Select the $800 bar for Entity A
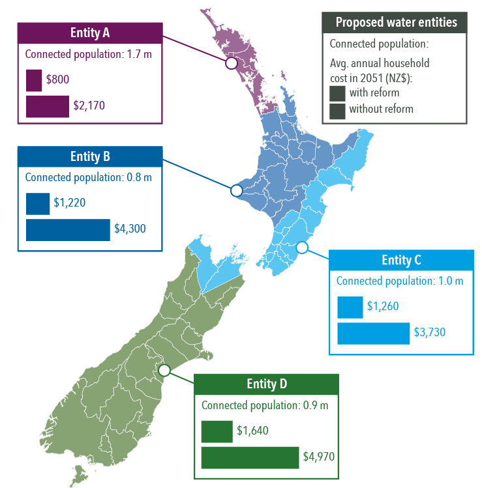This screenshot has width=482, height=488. (x=34, y=80)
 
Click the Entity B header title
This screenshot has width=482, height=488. (x=90, y=157)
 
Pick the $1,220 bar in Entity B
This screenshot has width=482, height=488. (x=38, y=203)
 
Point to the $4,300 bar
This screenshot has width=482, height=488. (x=68, y=229)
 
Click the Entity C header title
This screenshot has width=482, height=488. (x=401, y=261)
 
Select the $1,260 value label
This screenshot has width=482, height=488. (x=382, y=306)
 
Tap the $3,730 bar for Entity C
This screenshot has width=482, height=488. (x=373, y=333)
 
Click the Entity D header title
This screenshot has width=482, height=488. (x=267, y=384)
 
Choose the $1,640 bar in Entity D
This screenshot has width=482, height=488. (x=217, y=431)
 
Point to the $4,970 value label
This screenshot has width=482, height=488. (x=318, y=457)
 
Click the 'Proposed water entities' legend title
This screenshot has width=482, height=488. (x=396, y=23)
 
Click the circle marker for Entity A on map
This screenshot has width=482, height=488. (x=230, y=63)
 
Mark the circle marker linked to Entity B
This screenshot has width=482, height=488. (x=236, y=190)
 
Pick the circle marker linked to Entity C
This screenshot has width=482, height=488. (x=301, y=247)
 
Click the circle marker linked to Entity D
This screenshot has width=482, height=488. (x=164, y=369)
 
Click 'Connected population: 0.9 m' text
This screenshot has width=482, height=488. (x=265, y=405)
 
